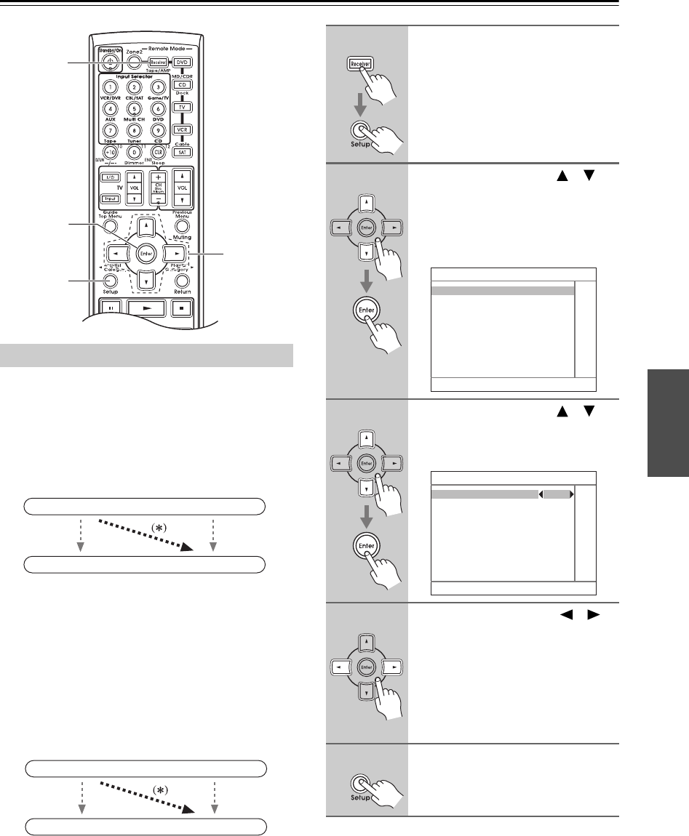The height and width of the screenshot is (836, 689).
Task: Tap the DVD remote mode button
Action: point(184,63)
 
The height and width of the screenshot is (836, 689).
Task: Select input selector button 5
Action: point(133,109)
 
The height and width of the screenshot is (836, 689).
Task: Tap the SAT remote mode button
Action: point(184,152)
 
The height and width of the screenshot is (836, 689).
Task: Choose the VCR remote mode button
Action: point(184,129)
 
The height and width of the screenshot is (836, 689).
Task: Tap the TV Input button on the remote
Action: point(109,198)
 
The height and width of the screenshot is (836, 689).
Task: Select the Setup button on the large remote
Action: point(111,280)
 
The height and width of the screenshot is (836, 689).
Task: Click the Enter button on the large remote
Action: point(145,252)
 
